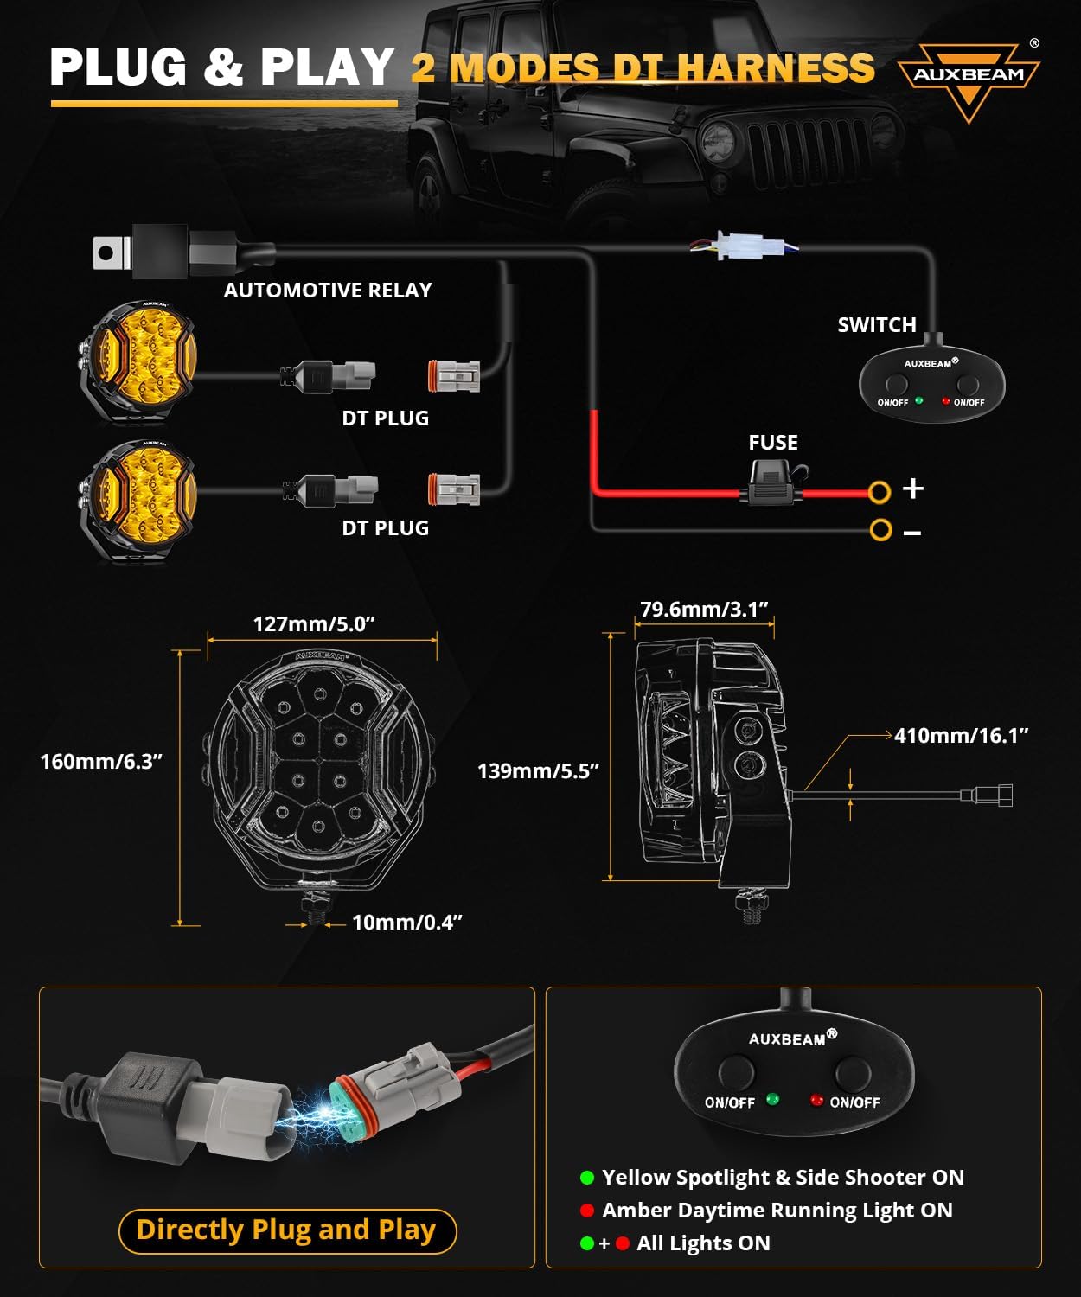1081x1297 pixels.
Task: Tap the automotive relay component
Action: point(160,252)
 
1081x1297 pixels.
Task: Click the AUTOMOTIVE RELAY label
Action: point(327,291)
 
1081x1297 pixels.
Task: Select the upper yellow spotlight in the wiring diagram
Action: point(138,361)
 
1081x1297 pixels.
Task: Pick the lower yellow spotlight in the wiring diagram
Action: point(138,501)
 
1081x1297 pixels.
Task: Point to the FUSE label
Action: point(772,443)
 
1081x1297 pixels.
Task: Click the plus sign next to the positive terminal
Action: point(913,489)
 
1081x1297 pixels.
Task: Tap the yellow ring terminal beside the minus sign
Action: point(880,529)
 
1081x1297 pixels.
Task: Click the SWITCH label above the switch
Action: point(876,325)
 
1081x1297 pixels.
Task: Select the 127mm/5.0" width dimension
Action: point(314,624)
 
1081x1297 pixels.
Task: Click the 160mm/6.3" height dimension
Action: point(101,762)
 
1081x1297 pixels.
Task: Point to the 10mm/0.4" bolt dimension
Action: point(406,923)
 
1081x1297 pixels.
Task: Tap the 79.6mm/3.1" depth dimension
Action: point(704,610)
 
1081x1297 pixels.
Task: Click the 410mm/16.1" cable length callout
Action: point(961,736)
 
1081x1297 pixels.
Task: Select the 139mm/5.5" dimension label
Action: point(538,771)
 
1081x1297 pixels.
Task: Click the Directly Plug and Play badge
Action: point(286,1230)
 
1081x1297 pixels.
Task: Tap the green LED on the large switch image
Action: point(772,1099)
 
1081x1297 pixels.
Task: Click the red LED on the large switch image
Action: point(816,1100)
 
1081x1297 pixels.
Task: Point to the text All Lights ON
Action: point(702,1243)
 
